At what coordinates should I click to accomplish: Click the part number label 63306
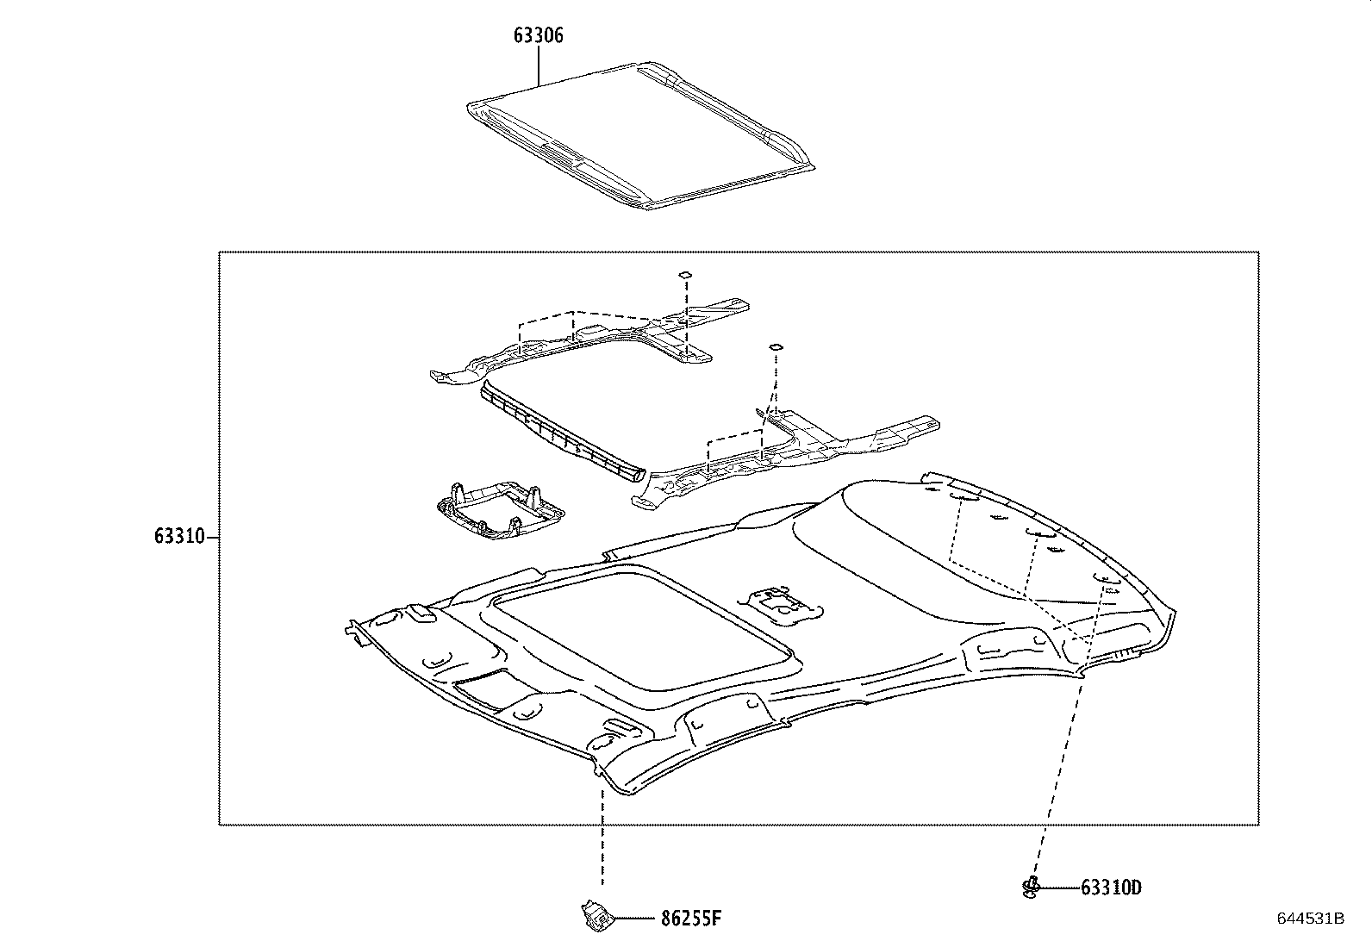pyautogui.click(x=539, y=35)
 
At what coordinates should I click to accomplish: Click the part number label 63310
pyautogui.click(x=179, y=537)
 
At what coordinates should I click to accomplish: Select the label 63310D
pyautogui.click(x=1111, y=888)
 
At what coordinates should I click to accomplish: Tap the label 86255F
pyautogui.click(x=690, y=919)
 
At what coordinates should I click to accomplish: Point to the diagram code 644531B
pyautogui.click(x=1310, y=919)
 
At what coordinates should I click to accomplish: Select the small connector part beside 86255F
pyautogui.click(x=593, y=915)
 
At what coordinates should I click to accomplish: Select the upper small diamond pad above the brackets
pyautogui.click(x=684, y=274)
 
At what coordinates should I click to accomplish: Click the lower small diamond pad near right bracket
pyautogui.click(x=775, y=346)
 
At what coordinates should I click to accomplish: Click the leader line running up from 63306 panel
pyautogui.click(x=539, y=65)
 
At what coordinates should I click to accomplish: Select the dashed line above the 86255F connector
pyautogui.click(x=602, y=827)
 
